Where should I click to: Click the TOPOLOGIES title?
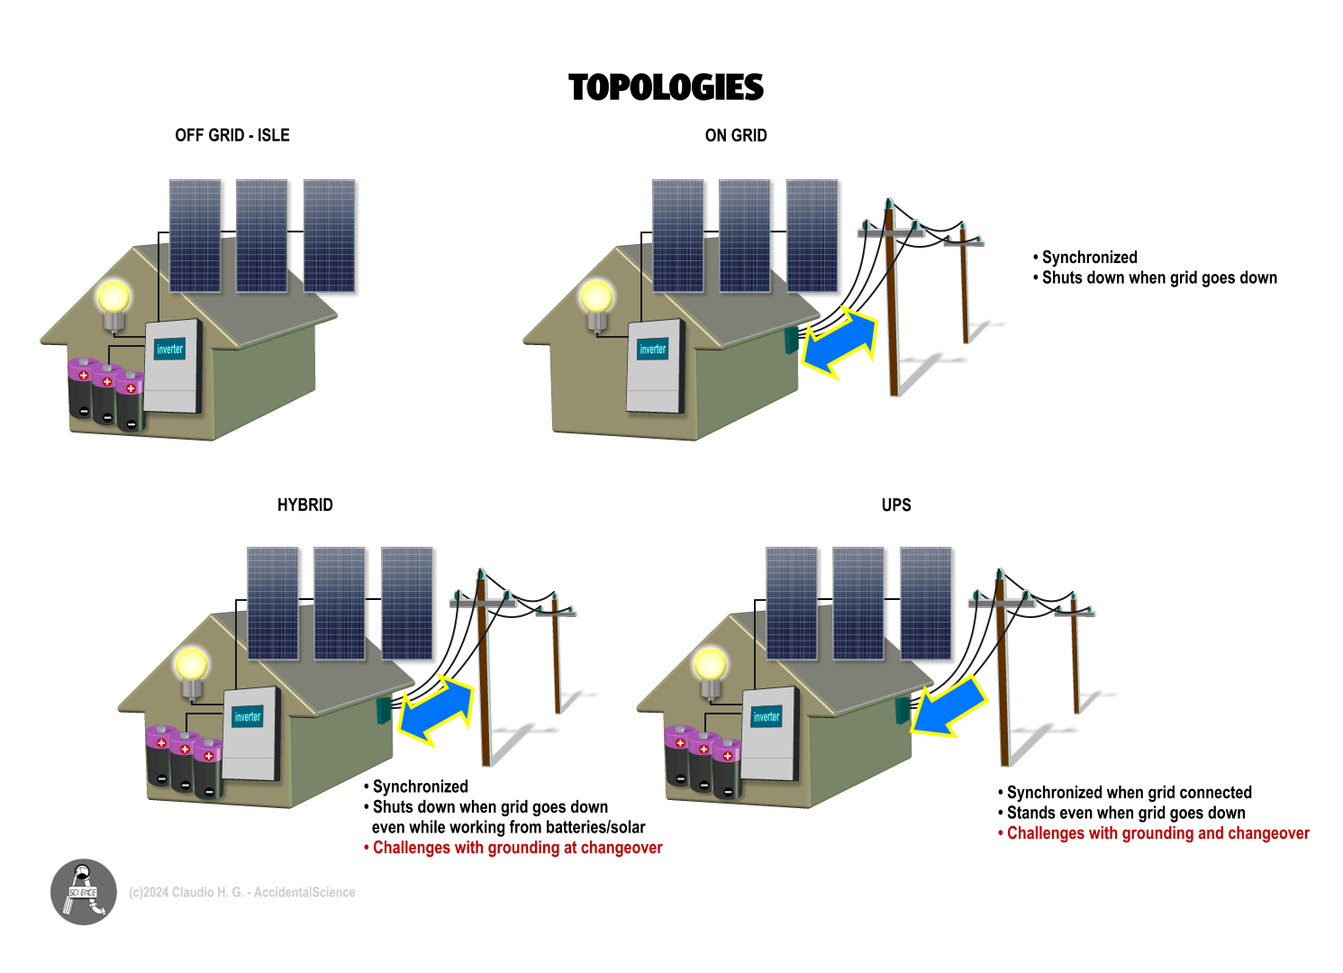pos(666,87)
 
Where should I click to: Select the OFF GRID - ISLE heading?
pos(232,135)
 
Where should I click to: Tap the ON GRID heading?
pos(736,135)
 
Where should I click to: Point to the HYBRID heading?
pos(304,505)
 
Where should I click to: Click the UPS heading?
pos(896,505)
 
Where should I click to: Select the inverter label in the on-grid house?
pos(652,350)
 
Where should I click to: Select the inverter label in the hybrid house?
pos(247,717)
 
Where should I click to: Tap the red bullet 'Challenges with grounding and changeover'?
pos(1157,833)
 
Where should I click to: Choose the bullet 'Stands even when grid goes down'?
pos(1125,813)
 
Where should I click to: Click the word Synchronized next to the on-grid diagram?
pos(1089,258)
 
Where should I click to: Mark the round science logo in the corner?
pos(84,892)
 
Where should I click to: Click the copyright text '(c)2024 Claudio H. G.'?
pos(241,892)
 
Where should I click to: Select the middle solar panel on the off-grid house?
pos(261,236)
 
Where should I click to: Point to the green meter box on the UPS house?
pos(902,709)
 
